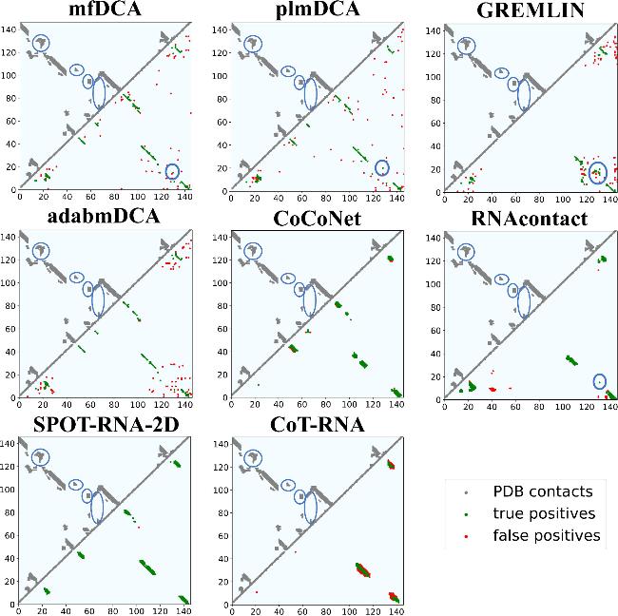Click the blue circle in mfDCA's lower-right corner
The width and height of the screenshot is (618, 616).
(x=172, y=171)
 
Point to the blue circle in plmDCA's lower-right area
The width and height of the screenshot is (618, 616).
(x=382, y=167)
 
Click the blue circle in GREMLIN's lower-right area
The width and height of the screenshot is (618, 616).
(x=597, y=172)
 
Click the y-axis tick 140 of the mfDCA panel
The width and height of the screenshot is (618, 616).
(x=9, y=29)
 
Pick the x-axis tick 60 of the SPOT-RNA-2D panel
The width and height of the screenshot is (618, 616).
(x=89, y=611)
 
